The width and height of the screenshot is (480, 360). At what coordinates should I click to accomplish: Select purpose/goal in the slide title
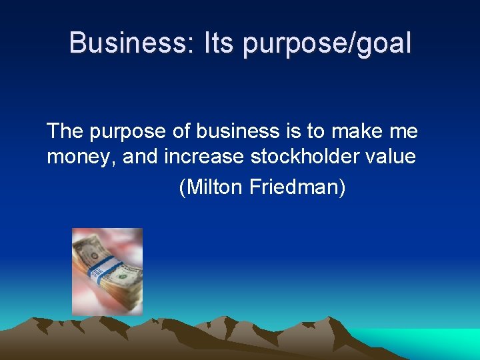pos(327,43)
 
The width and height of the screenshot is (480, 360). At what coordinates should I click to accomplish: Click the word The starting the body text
pos(65,131)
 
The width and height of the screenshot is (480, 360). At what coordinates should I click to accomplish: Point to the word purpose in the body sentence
pos(127,133)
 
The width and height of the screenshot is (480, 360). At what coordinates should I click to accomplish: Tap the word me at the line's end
pos(403,133)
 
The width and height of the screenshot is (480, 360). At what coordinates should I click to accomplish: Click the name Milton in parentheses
pos(212,187)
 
